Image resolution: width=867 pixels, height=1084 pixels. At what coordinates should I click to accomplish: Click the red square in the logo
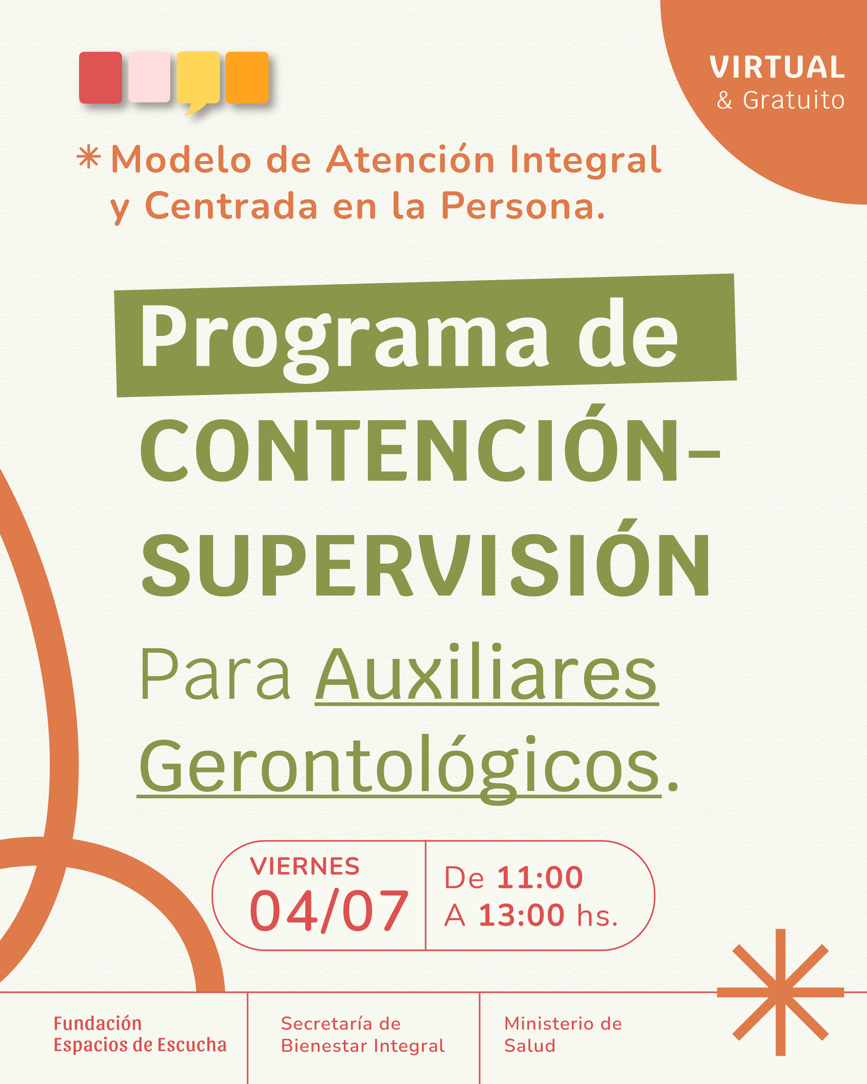click(x=101, y=77)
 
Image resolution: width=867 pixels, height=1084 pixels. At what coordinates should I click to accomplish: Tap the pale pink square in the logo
click(x=149, y=77)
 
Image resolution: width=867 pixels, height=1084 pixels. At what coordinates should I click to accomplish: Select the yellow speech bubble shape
click(x=198, y=80)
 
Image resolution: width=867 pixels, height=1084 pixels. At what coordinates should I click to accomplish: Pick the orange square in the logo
click(x=247, y=77)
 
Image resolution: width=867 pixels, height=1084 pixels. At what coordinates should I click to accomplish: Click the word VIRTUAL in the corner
click(x=777, y=67)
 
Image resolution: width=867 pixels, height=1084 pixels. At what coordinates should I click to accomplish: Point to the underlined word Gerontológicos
click(x=399, y=766)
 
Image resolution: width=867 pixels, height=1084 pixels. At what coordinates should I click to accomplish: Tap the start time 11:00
click(x=540, y=878)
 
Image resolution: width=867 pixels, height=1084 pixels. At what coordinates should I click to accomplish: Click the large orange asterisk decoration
click(x=780, y=992)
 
